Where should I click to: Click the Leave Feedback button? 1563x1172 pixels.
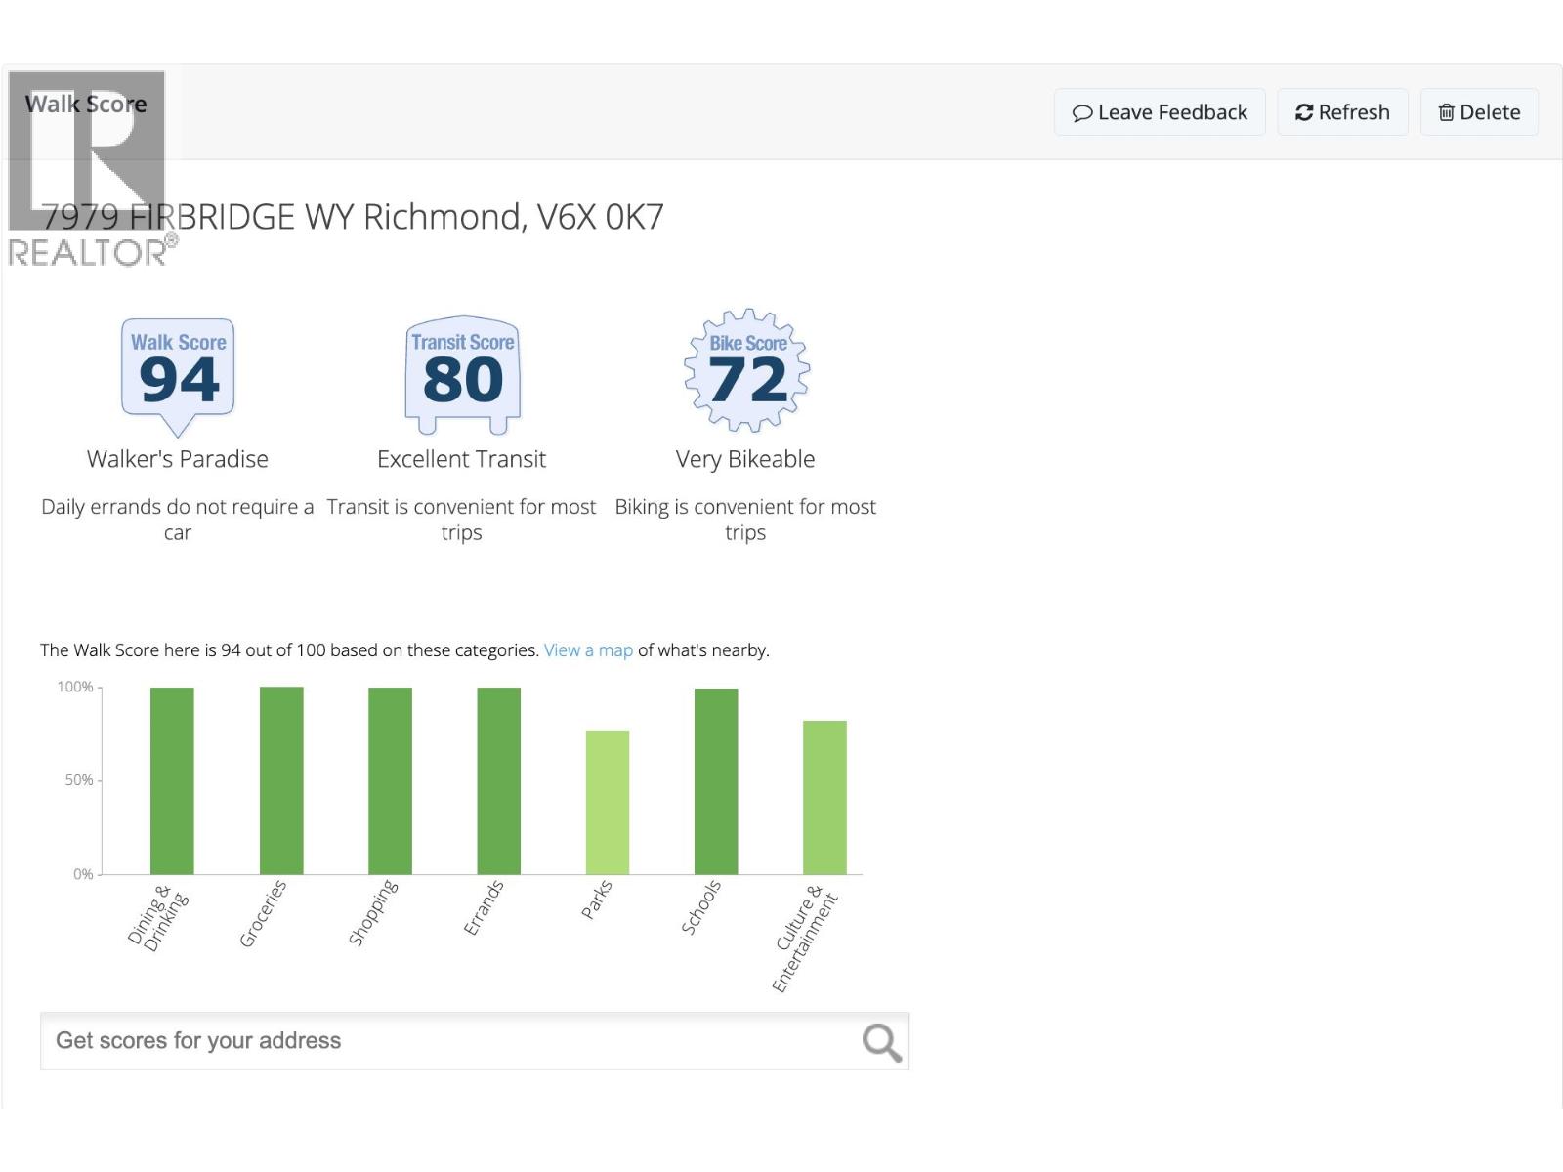point(1160,112)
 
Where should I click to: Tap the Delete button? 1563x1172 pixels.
point(1479,112)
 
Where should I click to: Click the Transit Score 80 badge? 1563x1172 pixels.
point(462,374)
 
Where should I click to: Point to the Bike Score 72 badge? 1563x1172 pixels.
point(747,371)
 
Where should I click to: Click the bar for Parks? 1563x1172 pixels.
point(608,802)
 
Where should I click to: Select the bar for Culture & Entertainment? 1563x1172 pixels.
point(824,797)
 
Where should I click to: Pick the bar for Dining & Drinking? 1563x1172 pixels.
point(172,780)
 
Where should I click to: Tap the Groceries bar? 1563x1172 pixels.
point(281,780)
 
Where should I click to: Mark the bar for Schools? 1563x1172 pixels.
point(716,781)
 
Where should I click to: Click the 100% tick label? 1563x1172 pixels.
point(74,688)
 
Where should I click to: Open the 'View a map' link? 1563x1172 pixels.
point(588,650)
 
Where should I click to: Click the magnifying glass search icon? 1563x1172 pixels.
point(880,1042)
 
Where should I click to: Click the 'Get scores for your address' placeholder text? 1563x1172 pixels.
point(198,1041)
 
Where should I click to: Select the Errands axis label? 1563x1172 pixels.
point(484,907)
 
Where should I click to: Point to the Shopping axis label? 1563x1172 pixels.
point(373,912)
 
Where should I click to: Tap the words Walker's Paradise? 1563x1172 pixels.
point(178,459)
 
